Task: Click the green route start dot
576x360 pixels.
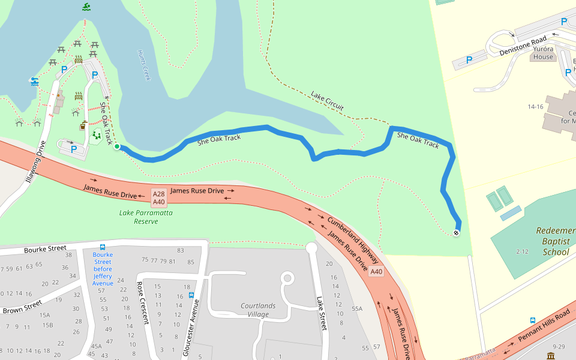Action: (x=117, y=146)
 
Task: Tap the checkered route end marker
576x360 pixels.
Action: (x=457, y=233)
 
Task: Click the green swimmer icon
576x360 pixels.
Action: (x=88, y=7)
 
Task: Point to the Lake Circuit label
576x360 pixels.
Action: (x=327, y=101)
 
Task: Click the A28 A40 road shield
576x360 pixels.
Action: (x=158, y=198)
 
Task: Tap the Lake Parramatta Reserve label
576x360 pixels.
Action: (x=146, y=217)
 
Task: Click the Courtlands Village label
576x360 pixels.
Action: (x=259, y=310)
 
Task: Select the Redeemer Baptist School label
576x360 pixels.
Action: (x=556, y=241)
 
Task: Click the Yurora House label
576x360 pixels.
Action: (x=542, y=53)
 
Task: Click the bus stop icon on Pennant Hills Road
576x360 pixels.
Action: (x=533, y=320)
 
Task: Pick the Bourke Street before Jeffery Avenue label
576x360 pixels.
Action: (x=103, y=269)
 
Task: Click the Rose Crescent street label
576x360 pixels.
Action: (x=143, y=303)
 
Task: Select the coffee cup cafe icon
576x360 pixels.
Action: (x=83, y=127)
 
